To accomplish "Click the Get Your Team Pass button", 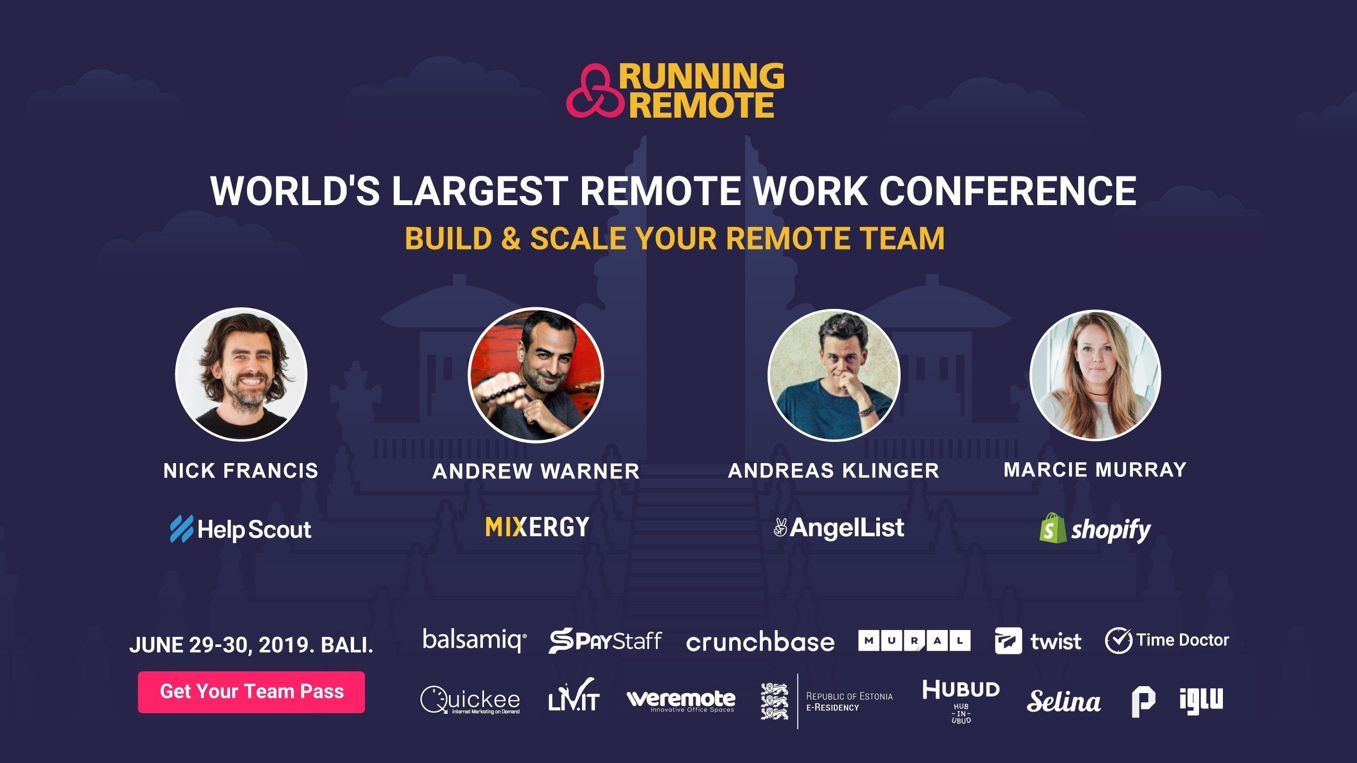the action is tap(251, 691).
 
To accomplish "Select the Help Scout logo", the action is tap(241, 529).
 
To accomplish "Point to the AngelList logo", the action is tap(839, 528).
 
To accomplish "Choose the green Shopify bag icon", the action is tap(1053, 528).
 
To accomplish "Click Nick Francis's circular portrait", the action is tap(241, 374).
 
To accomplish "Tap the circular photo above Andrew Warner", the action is tap(536, 374).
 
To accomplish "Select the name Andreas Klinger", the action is tap(834, 471).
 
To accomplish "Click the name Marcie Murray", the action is tap(1095, 469).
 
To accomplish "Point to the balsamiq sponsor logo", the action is tap(474, 640).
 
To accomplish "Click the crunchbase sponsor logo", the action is tap(760, 642).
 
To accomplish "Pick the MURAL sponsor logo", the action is tap(914, 641).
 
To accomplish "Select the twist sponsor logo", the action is tap(1038, 641).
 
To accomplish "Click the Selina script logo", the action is tap(1064, 701).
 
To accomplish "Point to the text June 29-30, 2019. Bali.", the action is tap(251, 645).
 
